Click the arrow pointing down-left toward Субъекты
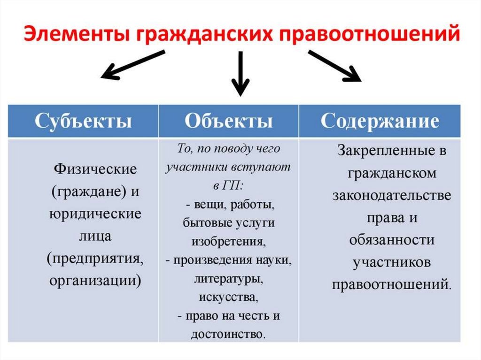click(x=133, y=65)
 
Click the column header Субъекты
click(x=83, y=121)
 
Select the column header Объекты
click(x=229, y=121)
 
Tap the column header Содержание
click(x=380, y=121)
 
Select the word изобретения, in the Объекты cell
click(x=229, y=241)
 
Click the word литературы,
click(x=229, y=279)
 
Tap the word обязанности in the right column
click(x=392, y=240)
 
